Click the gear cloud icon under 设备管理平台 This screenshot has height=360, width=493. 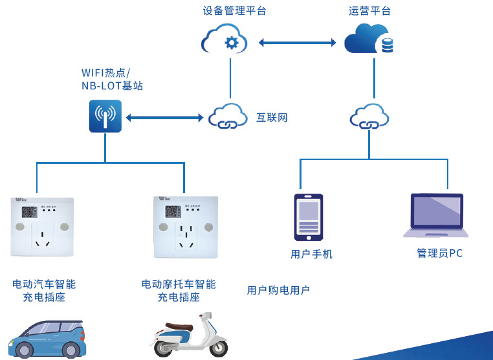225,40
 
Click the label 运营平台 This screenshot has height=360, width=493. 369,10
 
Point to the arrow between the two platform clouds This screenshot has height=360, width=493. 297,43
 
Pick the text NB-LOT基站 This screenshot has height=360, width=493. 112,85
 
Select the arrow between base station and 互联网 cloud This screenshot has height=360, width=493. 164,118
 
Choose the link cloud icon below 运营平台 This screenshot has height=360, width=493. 369,117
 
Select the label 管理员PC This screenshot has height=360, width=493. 439,253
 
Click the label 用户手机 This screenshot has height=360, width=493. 311,254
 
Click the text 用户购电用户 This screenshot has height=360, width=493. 278,290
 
